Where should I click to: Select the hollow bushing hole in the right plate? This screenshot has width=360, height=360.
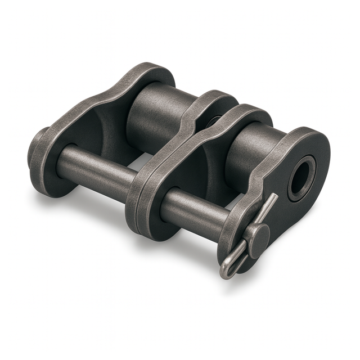coord(300,178)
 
